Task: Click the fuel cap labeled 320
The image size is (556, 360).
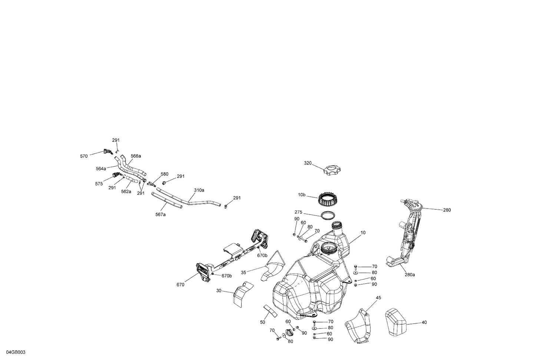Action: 331,171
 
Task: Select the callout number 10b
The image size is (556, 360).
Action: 301,195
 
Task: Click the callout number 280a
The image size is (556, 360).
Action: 410,275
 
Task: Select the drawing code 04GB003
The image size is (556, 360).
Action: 16,353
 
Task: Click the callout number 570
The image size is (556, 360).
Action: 84,156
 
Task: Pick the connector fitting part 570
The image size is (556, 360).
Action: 108,151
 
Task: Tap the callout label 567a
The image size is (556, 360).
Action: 160,214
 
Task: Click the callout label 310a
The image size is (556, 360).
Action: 199,190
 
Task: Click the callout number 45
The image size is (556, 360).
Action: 378,298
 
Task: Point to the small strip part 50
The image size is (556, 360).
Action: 270,311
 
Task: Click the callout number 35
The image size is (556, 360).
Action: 244,273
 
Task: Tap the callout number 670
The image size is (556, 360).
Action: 181,285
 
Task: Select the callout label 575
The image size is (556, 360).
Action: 99,184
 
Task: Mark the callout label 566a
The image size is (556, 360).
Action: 136,156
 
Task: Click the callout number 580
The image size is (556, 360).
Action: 164,174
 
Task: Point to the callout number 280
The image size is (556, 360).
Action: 447,210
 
